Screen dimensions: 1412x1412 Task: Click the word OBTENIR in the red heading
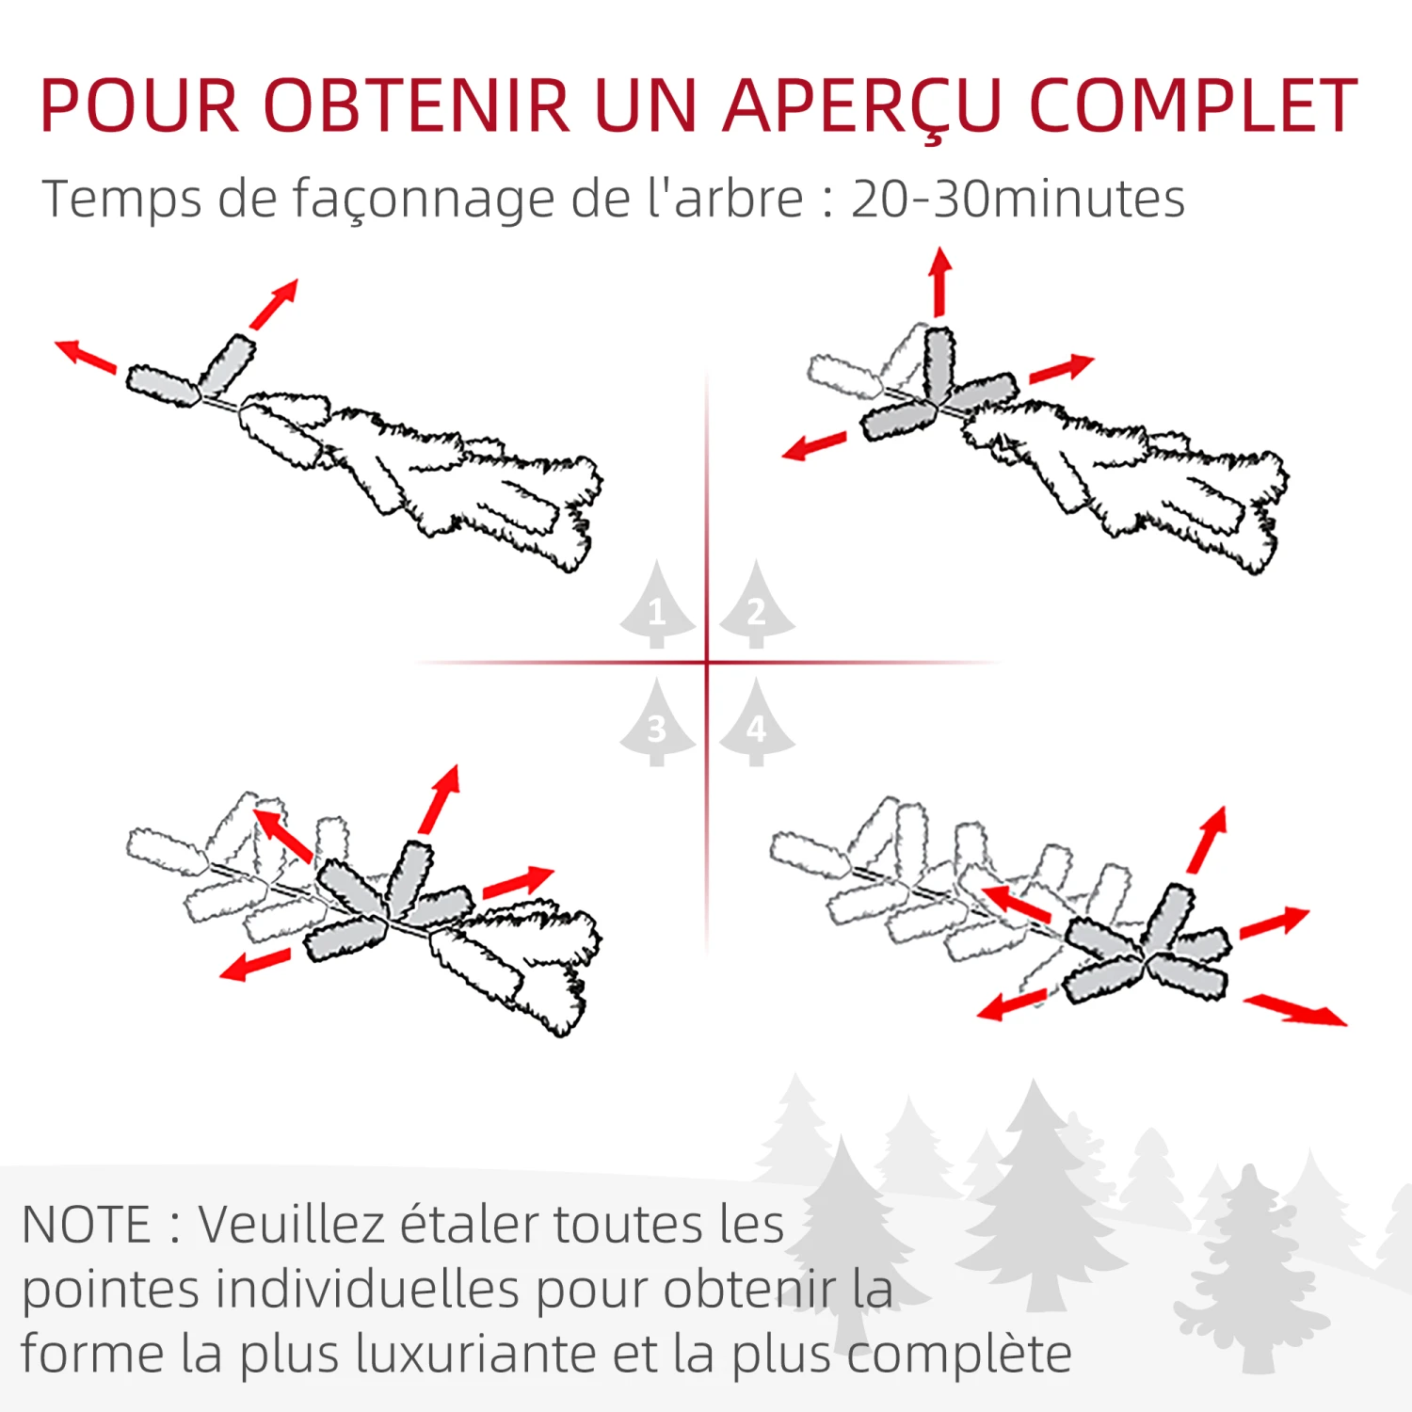click(417, 105)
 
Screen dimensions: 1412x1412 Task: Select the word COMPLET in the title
click(1193, 105)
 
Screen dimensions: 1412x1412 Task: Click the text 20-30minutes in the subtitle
click(1018, 199)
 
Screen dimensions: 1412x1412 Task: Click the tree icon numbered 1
click(657, 607)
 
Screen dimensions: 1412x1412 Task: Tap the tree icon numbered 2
click(757, 607)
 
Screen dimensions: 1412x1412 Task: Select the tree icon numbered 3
click(657, 725)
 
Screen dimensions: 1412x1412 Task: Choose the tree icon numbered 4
click(757, 725)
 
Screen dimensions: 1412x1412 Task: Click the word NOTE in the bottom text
click(86, 1225)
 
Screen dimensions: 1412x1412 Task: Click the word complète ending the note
click(959, 1356)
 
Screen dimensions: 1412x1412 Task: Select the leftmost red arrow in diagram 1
click(86, 356)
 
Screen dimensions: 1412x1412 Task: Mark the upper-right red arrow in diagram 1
click(275, 303)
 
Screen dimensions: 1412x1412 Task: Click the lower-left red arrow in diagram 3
click(255, 965)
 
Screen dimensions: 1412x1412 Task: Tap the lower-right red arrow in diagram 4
click(1295, 1010)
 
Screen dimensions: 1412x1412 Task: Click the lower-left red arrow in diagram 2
click(814, 446)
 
